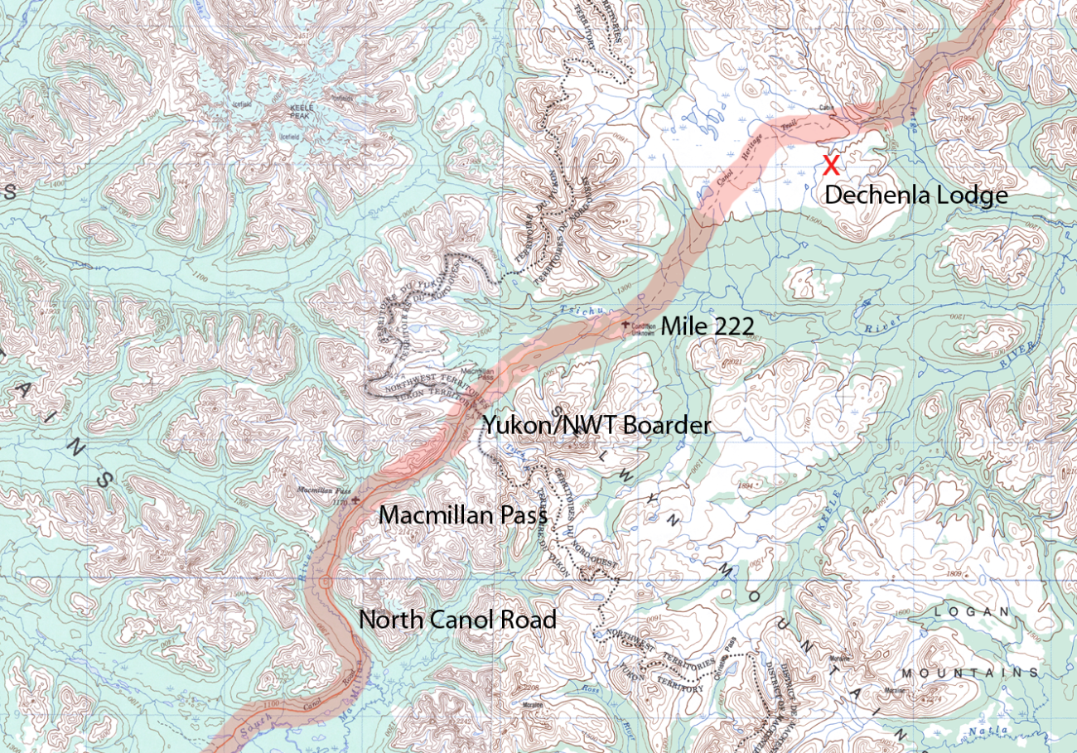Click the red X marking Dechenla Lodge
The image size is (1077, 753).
(831, 164)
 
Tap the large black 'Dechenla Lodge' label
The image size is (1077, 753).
(916, 195)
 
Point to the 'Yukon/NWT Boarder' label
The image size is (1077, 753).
(597, 426)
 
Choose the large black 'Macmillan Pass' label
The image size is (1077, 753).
(463, 514)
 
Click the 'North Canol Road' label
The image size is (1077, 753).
(457, 620)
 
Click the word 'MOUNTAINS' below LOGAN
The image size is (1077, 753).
(969, 673)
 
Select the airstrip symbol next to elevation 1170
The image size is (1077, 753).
(355, 500)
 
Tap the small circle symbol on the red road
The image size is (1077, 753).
(325, 582)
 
